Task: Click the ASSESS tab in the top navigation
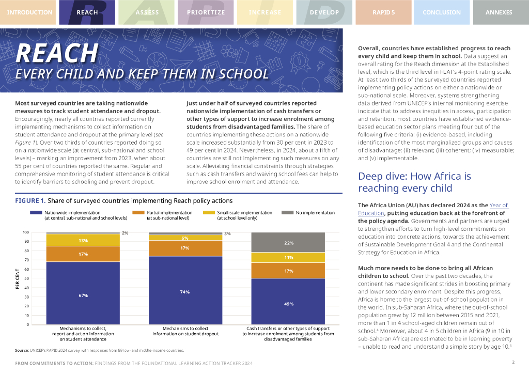pyautogui.click(x=147, y=12)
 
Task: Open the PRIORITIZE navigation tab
pyautogui.click(x=206, y=12)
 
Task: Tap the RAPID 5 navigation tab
pyautogui.click(x=383, y=12)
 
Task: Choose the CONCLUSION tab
pyautogui.click(x=442, y=12)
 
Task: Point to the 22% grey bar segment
pyautogui.click(x=288, y=242)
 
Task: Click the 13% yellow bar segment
pyautogui.click(x=83, y=240)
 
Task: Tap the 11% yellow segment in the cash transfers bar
pyautogui.click(x=288, y=257)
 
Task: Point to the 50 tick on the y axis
pyautogui.click(x=26, y=278)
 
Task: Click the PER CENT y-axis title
pyautogui.click(x=17, y=282)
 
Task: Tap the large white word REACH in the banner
pyautogui.click(x=57, y=53)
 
